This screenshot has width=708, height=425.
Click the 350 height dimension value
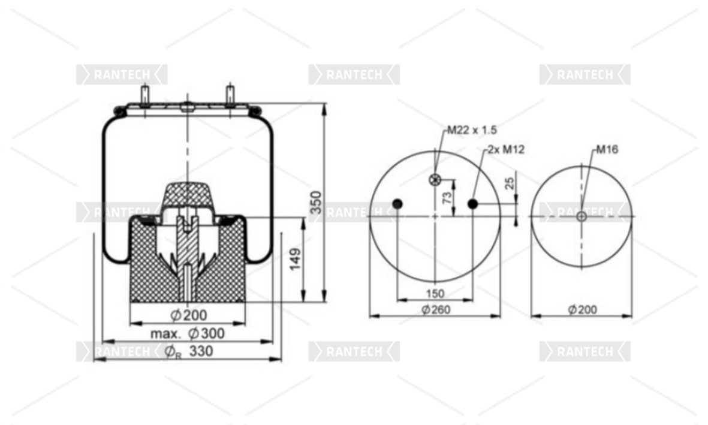[317, 203]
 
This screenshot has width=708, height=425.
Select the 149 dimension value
[296, 259]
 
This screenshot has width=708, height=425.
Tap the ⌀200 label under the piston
[189, 315]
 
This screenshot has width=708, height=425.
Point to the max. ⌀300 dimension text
[188, 334]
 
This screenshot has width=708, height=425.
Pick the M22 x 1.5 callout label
[472, 130]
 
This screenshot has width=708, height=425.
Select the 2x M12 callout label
[506, 149]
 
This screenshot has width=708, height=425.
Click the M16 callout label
[607, 149]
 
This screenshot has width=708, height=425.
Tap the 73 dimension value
[447, 197]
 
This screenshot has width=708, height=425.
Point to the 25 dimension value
[509, 183]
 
